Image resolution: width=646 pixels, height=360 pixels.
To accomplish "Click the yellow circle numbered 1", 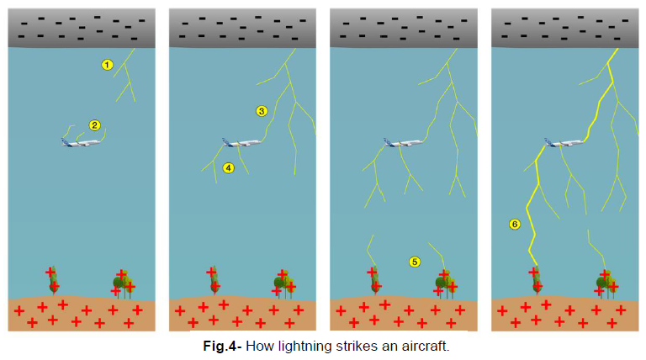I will [x=107, y=64].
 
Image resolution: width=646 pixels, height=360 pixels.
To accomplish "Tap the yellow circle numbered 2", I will [x=95, y=125].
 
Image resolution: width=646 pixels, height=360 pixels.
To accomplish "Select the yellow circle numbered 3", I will [x=262, y=110].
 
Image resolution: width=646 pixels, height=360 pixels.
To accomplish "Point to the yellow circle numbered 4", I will [x=228, y=168].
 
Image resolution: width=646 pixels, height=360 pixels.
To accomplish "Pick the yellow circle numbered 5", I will [x=414, y=262].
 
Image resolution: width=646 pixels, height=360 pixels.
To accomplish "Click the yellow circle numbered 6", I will [x=515, y=224].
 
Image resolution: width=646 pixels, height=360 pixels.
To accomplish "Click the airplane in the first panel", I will [x=81, y=142].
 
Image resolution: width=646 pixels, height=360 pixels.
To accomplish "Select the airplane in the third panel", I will [x=404, y=143].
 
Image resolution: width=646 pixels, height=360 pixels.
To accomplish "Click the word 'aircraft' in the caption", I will [x=432, y=346].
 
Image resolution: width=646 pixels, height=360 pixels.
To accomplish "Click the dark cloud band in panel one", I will [x=81, y=28].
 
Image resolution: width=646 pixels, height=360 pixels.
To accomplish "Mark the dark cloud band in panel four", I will [x=564, y=28].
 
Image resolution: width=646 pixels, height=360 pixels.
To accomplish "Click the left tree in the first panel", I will [x=52, y=281].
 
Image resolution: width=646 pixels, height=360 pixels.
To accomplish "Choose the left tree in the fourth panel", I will [x=535, y=281].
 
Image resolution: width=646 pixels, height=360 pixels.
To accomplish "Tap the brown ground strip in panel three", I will [x=403, y=315].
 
